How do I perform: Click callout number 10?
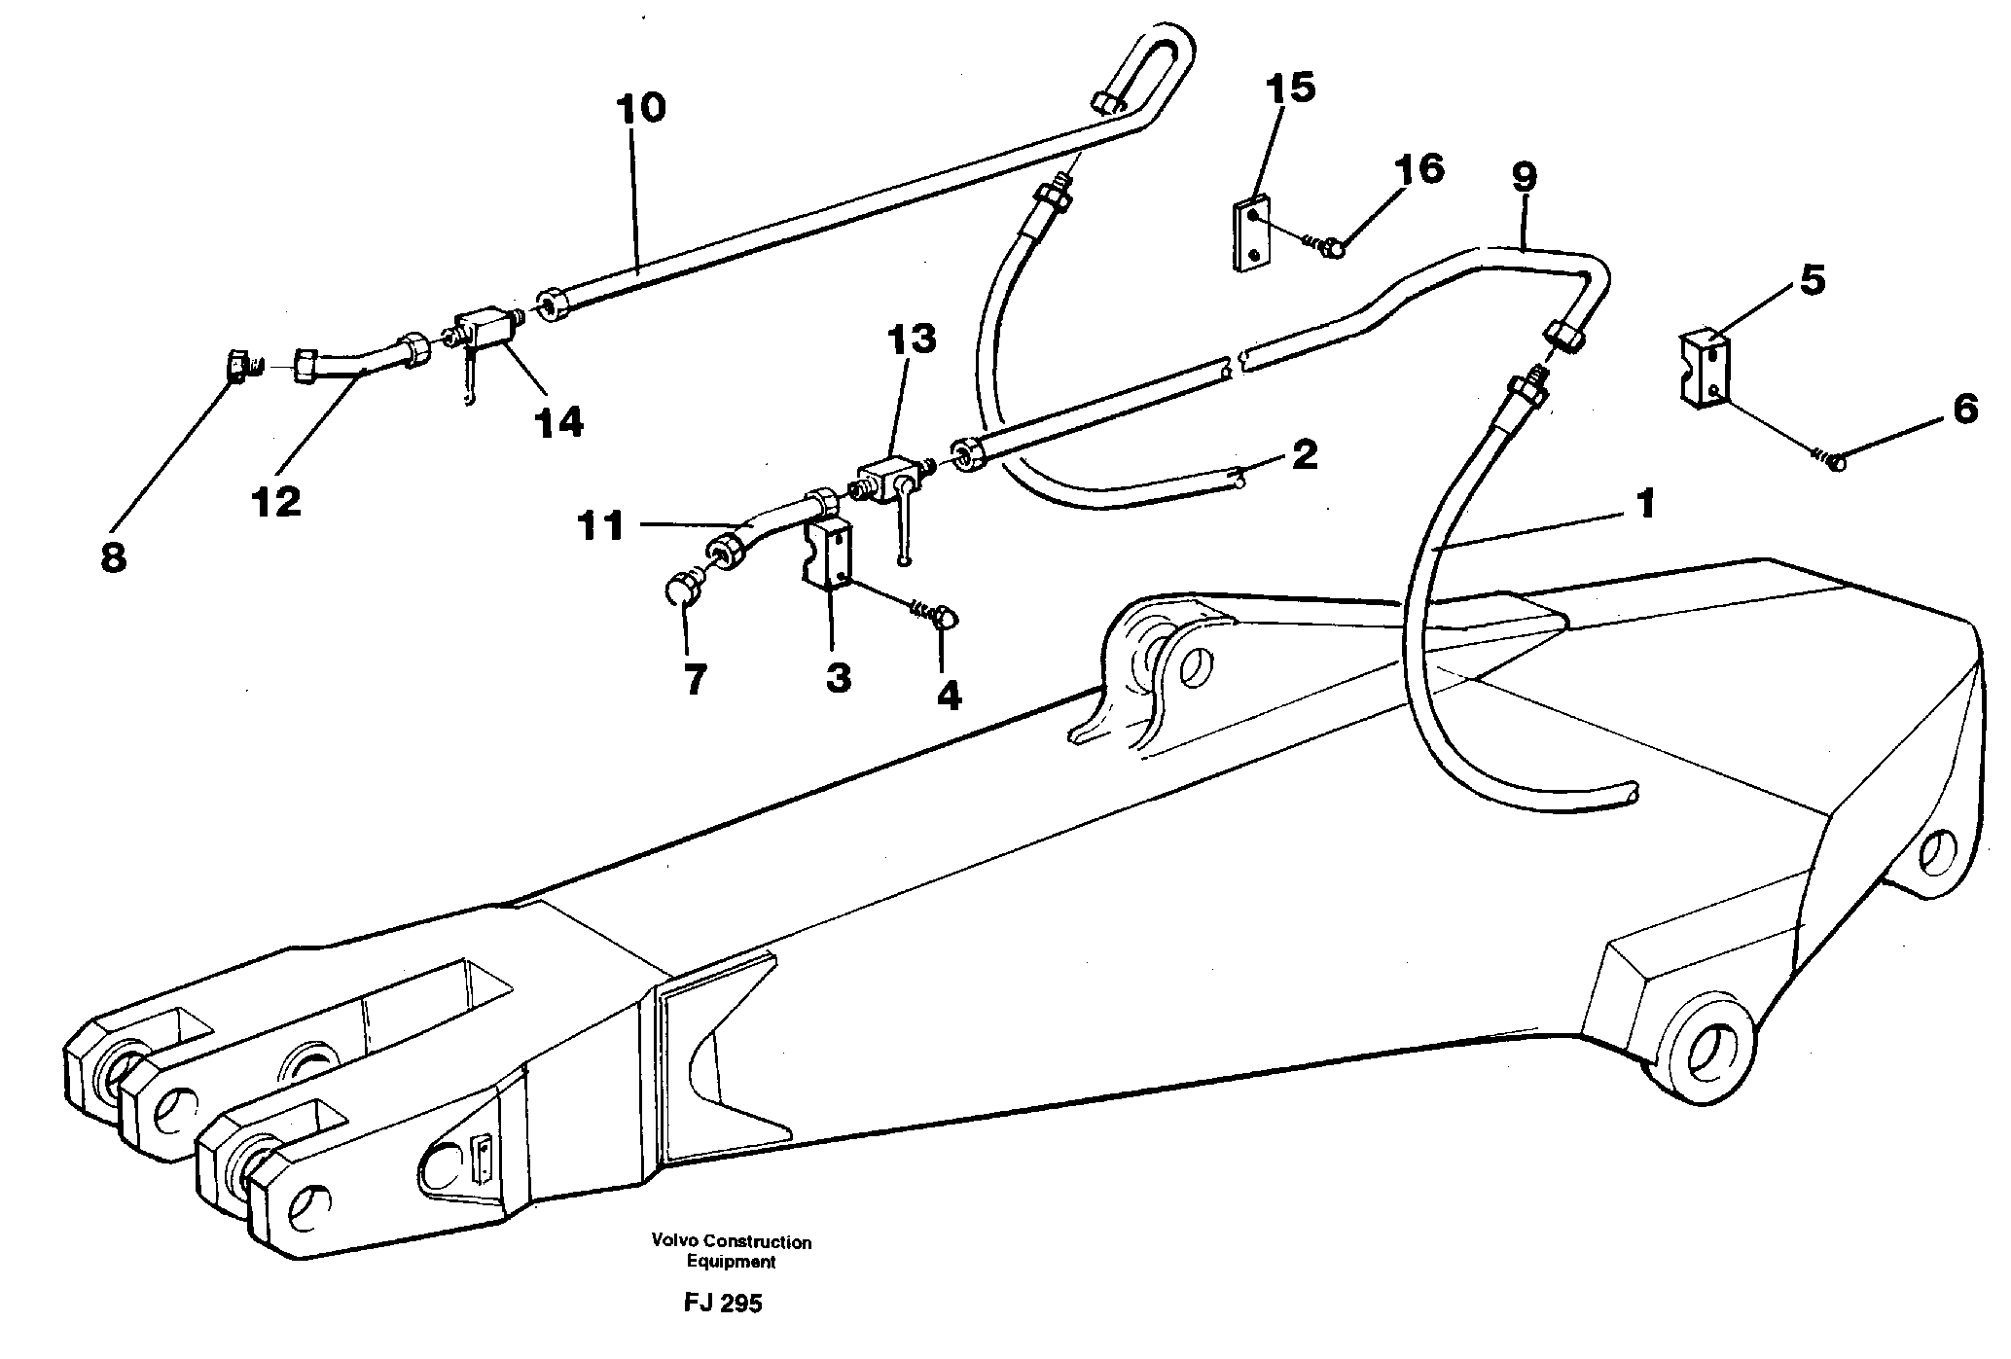tap(640, 108)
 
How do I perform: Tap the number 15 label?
tap(1291, 89)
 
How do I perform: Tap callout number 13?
tap(911, 340)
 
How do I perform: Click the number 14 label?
tap(558, 423)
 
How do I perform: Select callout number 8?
tap(113, 558)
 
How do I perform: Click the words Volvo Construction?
tap(732, 1242)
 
